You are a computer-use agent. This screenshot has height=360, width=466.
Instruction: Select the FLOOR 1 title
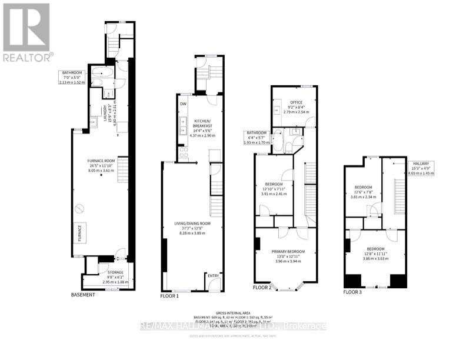click(169, 296)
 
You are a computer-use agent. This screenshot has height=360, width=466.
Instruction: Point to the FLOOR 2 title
click(262, 288)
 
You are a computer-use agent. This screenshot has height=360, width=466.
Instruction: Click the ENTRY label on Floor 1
click(212, 275)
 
